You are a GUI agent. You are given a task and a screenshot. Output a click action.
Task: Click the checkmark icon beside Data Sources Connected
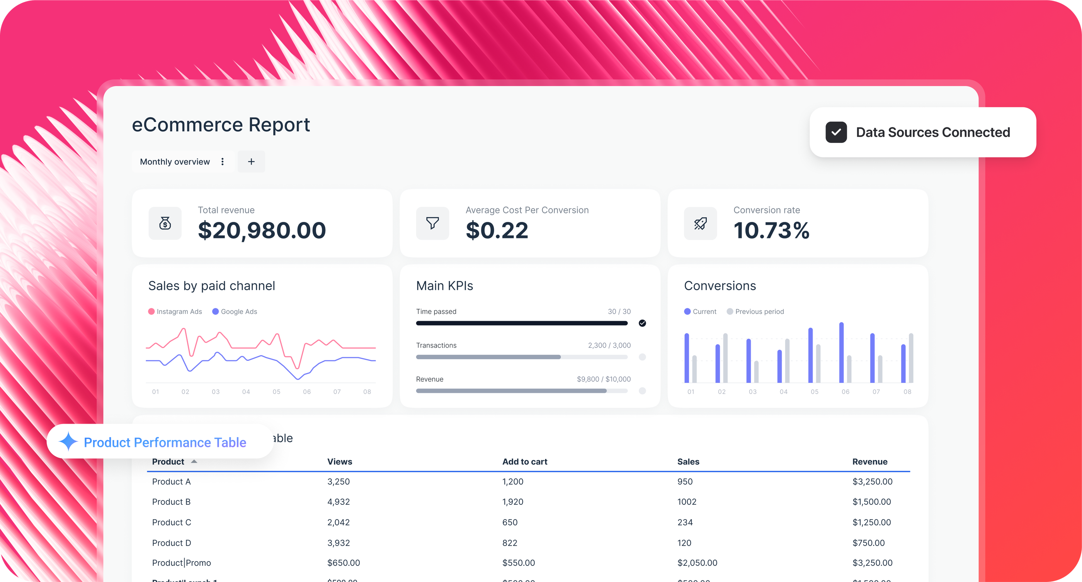pos(836,132)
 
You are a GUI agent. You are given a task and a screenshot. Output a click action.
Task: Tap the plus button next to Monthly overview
pos(251,162)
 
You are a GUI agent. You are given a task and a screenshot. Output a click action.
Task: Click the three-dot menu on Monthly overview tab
pos(223,162)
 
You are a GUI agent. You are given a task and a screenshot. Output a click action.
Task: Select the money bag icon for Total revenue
pos(165,223)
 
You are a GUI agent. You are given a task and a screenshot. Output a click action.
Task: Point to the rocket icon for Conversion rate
pos(700,223)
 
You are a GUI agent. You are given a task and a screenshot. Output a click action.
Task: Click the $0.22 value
pos(497,230)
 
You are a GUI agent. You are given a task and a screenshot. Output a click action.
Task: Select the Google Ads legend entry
pos(235,311)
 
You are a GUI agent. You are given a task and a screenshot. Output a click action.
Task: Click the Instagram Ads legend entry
pos(175,311)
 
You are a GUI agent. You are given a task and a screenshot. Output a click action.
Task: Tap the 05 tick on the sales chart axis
pos(276,391)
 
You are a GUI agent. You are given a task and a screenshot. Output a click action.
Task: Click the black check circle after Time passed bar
pos(642,323)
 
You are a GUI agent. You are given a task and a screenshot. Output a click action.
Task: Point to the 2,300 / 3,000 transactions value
pos(609,345)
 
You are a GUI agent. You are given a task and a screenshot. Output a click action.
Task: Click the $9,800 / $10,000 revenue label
pos(604,379)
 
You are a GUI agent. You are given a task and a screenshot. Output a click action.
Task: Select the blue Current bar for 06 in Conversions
pos(841,352)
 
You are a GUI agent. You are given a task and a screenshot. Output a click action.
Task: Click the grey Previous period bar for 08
pos(911,358)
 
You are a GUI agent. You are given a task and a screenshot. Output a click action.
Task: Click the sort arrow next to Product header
pos(194,462)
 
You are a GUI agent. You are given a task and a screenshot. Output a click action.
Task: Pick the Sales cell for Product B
pos(687,502)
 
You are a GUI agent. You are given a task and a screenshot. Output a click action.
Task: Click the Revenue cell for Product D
pos(868,543)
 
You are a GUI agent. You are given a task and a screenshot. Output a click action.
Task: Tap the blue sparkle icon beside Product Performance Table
pos(68,442)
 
